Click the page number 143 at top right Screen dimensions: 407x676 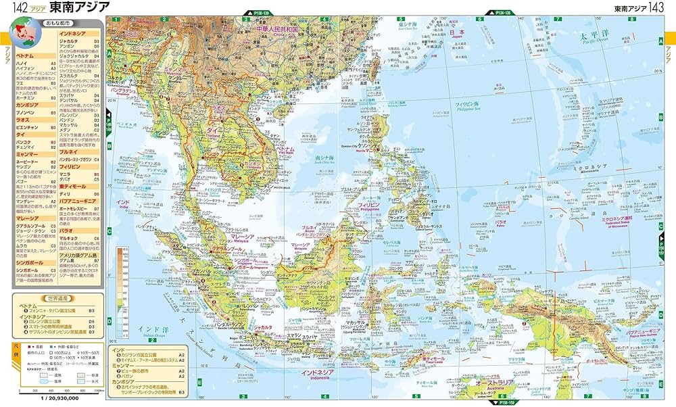pos(658,7)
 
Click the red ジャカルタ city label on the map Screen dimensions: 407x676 pos(262,327)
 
